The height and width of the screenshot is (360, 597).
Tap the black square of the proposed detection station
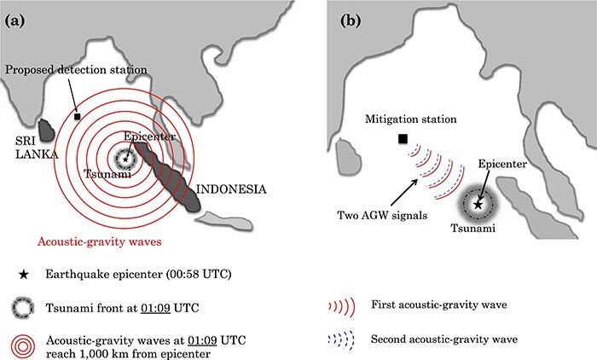tap(78, 116)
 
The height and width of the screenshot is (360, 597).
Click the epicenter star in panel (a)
tap(125, 158)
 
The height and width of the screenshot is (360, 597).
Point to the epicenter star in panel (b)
tap(478, 205)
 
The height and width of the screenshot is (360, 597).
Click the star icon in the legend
tap(19, 274)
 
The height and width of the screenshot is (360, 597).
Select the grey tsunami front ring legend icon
tap(19, 307)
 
